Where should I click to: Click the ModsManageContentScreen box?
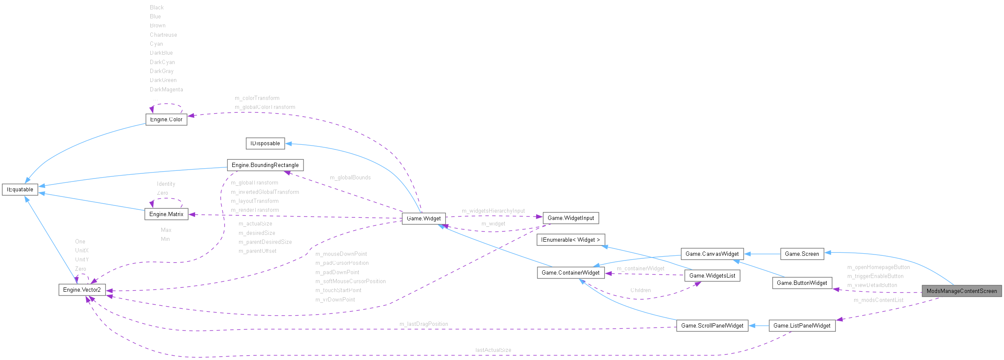961,291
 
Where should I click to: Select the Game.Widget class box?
423,218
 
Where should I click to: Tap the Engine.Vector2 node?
82,290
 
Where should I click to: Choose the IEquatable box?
20,189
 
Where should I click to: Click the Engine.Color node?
166,119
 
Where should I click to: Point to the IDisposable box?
265,143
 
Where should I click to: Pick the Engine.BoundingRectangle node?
265,165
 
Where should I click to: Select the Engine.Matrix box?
166,214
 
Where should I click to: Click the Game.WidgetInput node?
571,218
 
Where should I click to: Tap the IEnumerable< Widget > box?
571,240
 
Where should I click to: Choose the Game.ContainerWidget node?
570,272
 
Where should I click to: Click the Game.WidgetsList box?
712,275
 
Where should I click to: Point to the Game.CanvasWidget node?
712,254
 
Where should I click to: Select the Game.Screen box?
802,254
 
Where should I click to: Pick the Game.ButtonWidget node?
802,283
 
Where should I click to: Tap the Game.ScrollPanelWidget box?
712,325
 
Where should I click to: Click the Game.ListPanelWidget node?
802,325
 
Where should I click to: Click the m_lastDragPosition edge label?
423,324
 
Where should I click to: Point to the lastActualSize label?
493,350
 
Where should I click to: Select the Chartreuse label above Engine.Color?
163,35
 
